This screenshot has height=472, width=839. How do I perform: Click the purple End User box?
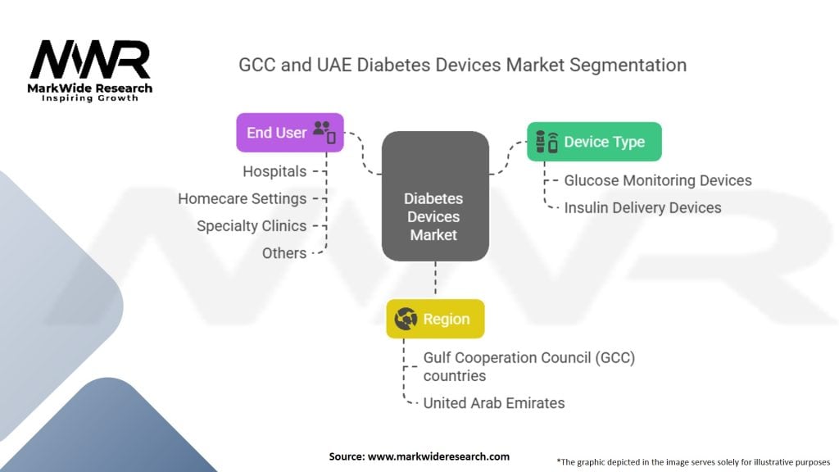(290, 133)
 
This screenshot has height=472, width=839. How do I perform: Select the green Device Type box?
(594, 142)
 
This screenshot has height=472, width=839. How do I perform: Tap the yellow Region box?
(435, 319)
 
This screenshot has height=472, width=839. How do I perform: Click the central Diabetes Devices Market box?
(435, 216)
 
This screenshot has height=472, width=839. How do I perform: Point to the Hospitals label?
(274, 171)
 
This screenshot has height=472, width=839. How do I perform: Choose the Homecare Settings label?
(243, 198)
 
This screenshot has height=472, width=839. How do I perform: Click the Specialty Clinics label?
(252, 225)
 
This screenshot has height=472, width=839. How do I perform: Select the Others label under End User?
(284, 252)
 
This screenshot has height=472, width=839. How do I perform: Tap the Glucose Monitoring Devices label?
(658, 180)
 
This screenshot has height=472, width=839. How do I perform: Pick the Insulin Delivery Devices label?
(642, 207)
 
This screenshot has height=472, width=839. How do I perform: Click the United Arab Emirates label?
(494, 402)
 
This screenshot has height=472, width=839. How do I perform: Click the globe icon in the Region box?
(406, 319)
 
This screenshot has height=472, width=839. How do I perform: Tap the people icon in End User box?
(324, 131)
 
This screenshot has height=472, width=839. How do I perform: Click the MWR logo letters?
(90, 61)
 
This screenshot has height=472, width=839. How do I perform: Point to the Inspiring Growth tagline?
(90, 98)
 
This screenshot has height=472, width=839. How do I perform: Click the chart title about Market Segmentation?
(462, 65)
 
